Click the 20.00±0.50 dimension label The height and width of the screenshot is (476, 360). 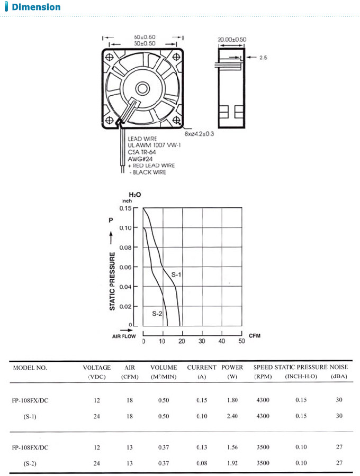(x=232, y=39)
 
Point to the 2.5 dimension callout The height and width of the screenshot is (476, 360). (x=263, y=58)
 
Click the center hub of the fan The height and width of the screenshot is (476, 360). (x=142, y=88)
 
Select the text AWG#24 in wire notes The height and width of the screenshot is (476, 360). (x=139, y=159)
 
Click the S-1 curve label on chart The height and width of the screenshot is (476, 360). (x=176, y=274)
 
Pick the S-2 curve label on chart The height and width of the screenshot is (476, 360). (x=157, y=314)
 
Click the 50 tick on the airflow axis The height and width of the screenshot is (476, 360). (x=241, y=341)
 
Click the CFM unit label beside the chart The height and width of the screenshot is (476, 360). (x=255, y=336)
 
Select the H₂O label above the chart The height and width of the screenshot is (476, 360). (x=134, y=195)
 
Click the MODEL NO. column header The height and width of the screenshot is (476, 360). (x=30, y=367)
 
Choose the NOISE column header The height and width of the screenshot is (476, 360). (x=339, y=367)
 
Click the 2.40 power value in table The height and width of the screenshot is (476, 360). (x=232, y=416)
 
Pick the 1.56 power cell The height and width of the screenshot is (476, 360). (x=232, y=447)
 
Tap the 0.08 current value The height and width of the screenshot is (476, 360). (x=201, y=463)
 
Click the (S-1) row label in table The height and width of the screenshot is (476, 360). (x=30, y=416)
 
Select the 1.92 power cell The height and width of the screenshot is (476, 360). (x=232, y=463)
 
